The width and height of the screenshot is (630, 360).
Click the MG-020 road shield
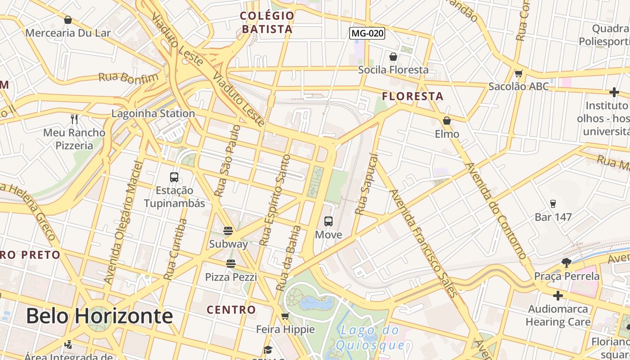(x=368, y=33)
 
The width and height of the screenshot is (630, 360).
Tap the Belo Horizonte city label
(x=99, y=316)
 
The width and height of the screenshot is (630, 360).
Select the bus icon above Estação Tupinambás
(x=174, y=177)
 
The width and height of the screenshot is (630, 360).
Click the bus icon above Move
(x=328, y=221)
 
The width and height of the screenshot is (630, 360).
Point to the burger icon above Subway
(x=228, y=231)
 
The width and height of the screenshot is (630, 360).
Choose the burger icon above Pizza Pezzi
(x=231, y=264)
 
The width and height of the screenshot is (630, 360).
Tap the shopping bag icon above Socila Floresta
(x=393, y=57)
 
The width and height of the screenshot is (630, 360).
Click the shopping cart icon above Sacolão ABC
(x=519, y=73)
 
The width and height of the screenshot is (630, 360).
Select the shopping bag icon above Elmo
(x=447, y=121)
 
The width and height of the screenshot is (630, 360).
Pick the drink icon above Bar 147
(x=553, y=204)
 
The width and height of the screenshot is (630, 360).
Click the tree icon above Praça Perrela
(x=567, y=263)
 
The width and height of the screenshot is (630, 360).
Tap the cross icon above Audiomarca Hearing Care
(x=558, y=296)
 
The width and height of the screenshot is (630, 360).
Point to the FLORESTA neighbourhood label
(x=413, y=96)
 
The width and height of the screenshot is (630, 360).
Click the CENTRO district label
(x=231, y=310)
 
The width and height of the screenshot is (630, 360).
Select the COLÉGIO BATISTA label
(x=267, y=22)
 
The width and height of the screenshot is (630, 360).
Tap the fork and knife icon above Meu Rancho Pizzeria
(x=74, y=119)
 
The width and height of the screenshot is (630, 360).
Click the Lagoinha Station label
(x=153, y=113)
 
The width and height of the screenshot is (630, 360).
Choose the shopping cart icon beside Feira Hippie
(x=285, y=316)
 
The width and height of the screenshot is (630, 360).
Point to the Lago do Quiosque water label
(x=370, y=337)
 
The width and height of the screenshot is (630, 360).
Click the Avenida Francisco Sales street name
(x=423, y=243)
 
